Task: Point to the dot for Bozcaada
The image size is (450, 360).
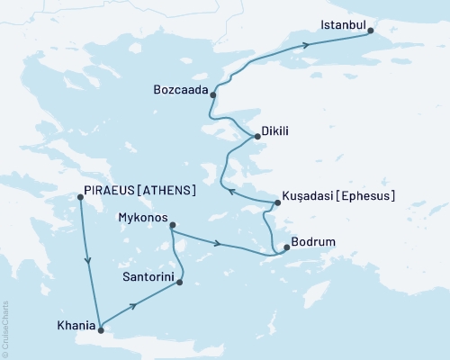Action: point(213,93)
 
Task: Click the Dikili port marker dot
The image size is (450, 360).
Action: point(257,137)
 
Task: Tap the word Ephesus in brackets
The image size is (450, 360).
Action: point(369,194)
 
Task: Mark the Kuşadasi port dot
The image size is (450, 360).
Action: point(277,203)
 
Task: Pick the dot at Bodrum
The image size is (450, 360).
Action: point(286,247)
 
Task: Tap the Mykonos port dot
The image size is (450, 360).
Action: point(172,225)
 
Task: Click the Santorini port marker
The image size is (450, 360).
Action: point(180,283)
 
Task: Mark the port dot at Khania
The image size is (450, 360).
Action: point(101,328)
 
